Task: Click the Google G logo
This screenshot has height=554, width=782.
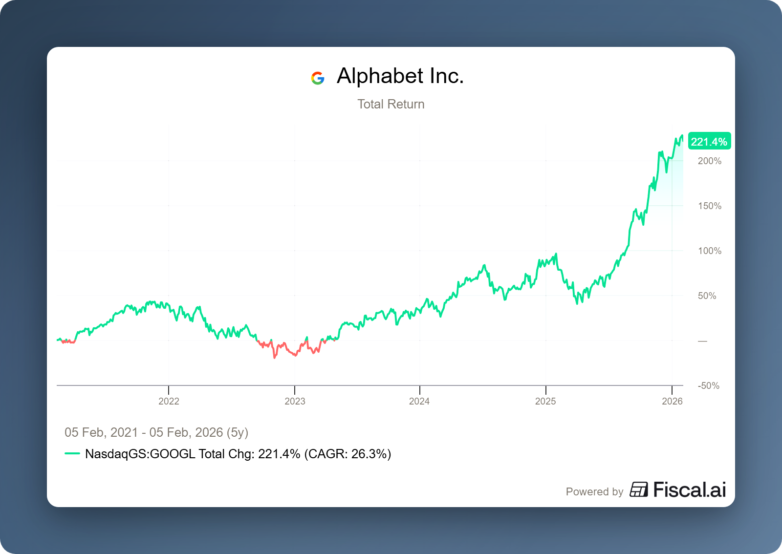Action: pyautogui.click(x=318, y=78)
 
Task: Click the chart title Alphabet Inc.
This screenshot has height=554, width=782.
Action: pyautogui.click(x=400, y=76)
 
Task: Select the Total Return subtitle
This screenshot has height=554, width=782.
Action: pyautogui.click(x=391, y=104)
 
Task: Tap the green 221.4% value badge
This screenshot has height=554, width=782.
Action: pyautogui.click(x=709, y=142)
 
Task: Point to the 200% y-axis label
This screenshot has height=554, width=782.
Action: pyautogui.click(x=709, y=161)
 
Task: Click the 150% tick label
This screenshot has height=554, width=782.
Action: pyautogui.click(x=709, y=206)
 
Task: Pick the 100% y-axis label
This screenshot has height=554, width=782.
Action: pyautogui.click(x=709, y=251)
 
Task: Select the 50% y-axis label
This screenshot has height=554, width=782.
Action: pyautogui.click(x=707, y=296)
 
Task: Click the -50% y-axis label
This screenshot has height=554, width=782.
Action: pyautogui.click(x=708, y=385)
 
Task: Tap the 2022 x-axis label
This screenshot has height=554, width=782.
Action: pyautogui.click(x=169, y=401)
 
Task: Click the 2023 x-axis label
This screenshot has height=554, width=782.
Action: pyautogui.click(x=295, y=401)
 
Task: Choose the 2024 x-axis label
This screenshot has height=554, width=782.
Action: pyautogui.click(x=419, y=401)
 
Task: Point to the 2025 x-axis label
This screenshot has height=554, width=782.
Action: pyautogui.click(x=545, y=401)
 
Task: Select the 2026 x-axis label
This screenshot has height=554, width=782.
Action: pyautogui.click(x=672, y=401)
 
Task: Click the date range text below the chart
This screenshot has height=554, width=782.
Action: pyautogui.click(x=156, y=432)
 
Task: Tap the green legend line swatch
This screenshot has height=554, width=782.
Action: pyautogui.click(x=72, y=453)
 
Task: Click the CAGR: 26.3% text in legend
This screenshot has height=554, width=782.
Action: pyautogui.click(x=348, y=454)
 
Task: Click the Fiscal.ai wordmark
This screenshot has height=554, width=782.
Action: pyautogui.click(x=689, y=490)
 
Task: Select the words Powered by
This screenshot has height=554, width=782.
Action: pyautogui.click(x=594, y=491)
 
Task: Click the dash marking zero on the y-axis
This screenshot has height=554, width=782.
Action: pyautogui.click(x=702, y=341)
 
